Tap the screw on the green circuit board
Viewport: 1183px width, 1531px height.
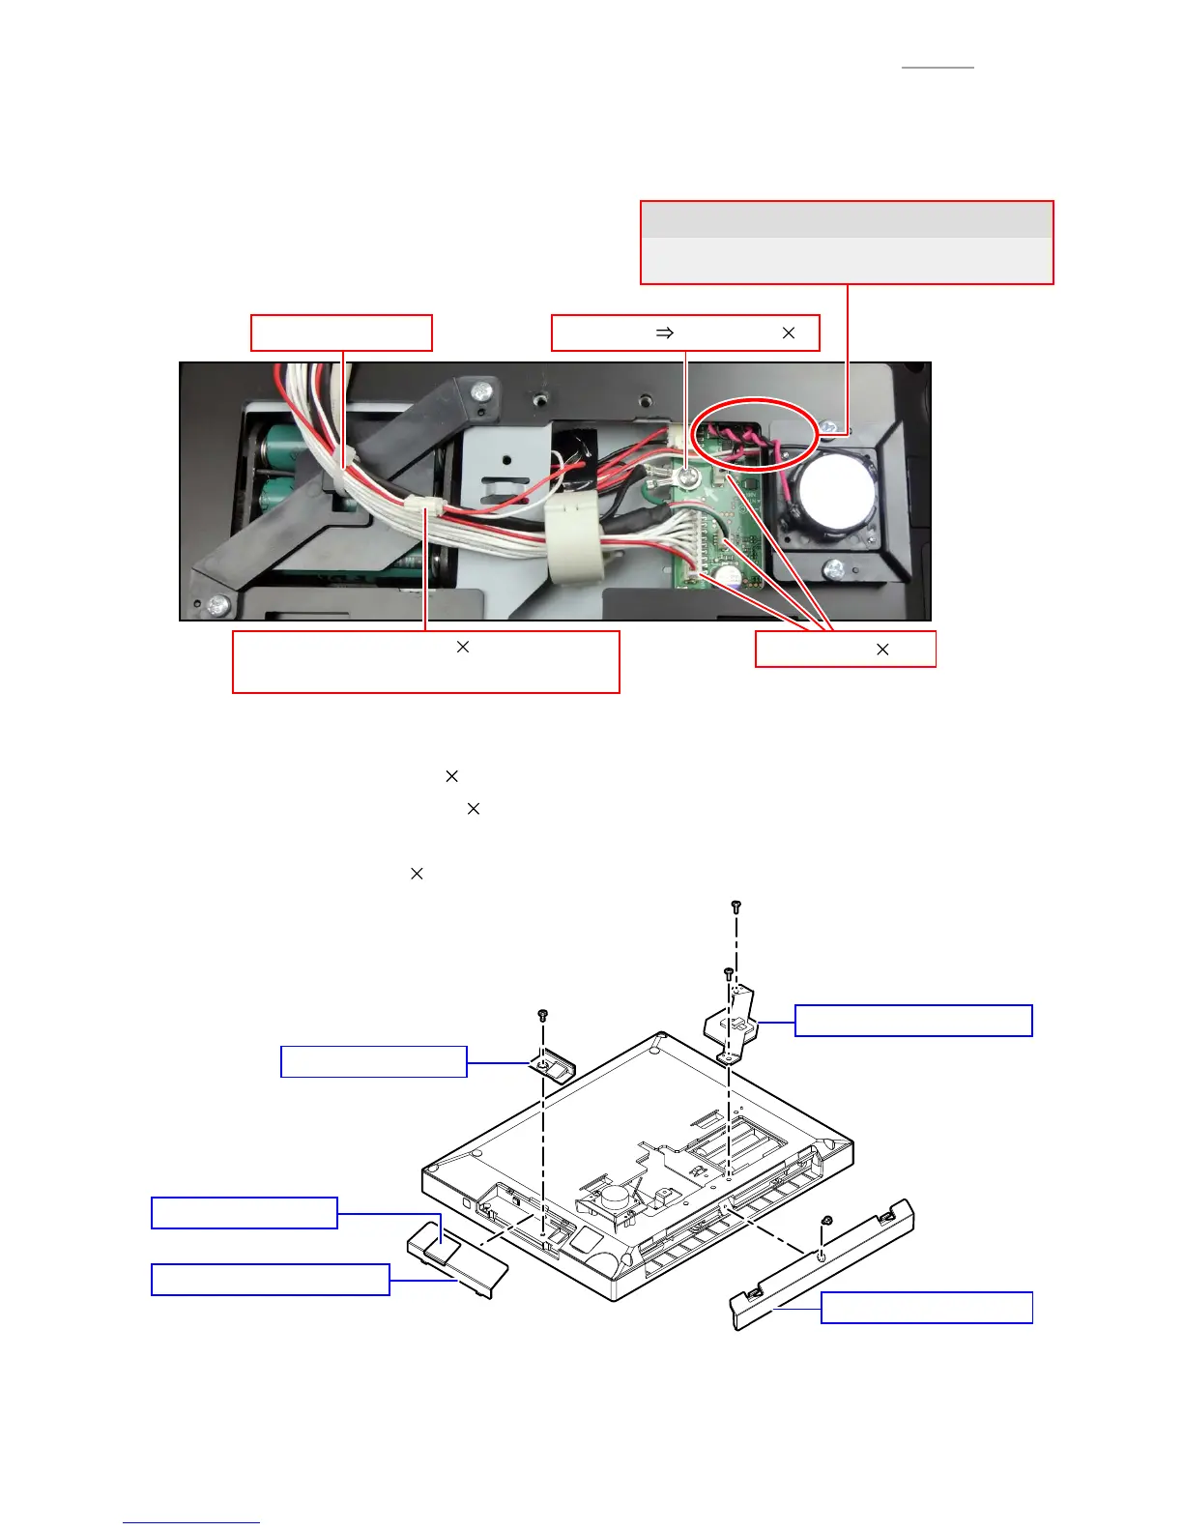click(686, 477)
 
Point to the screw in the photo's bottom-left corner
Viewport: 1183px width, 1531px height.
click(217, 606)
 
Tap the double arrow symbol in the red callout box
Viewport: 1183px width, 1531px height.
click(665, 332)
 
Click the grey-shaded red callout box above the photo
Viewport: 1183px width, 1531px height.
click(847, 242)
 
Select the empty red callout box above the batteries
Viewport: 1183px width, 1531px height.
click(341, 332)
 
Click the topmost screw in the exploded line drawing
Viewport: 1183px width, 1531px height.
click(736, 907)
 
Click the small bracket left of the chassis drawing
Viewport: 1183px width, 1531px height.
click(552, 1066)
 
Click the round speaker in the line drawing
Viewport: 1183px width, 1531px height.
click(614, 1197)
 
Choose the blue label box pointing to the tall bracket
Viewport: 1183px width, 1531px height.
click(913, 1021)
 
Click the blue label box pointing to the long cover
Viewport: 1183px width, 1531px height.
click(927, 1308)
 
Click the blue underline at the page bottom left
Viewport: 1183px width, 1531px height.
click(191, 1523)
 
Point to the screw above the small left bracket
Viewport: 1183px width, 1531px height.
click(543, 1015)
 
